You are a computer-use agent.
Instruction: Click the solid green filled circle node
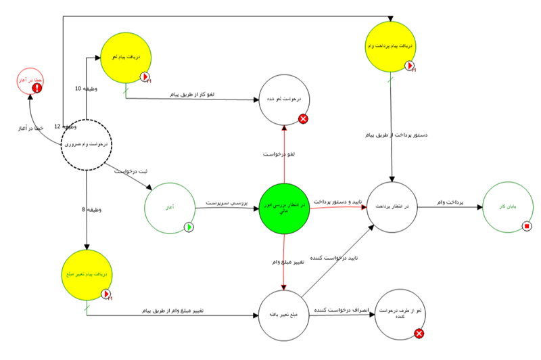pos(284,208)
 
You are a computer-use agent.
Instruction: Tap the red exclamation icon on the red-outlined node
pos(38,87)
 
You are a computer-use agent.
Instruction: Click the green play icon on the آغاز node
pos(189,227)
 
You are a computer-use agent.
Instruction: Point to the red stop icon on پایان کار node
pos(527,225)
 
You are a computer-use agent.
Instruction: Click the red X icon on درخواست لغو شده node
pos(303,119)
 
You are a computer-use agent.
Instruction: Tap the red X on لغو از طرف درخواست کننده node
pos(419,333)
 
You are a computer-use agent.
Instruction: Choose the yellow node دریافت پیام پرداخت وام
pos(391,47)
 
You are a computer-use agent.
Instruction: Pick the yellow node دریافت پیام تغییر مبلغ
pos(87,275)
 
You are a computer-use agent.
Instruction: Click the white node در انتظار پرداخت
pos(392,207)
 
